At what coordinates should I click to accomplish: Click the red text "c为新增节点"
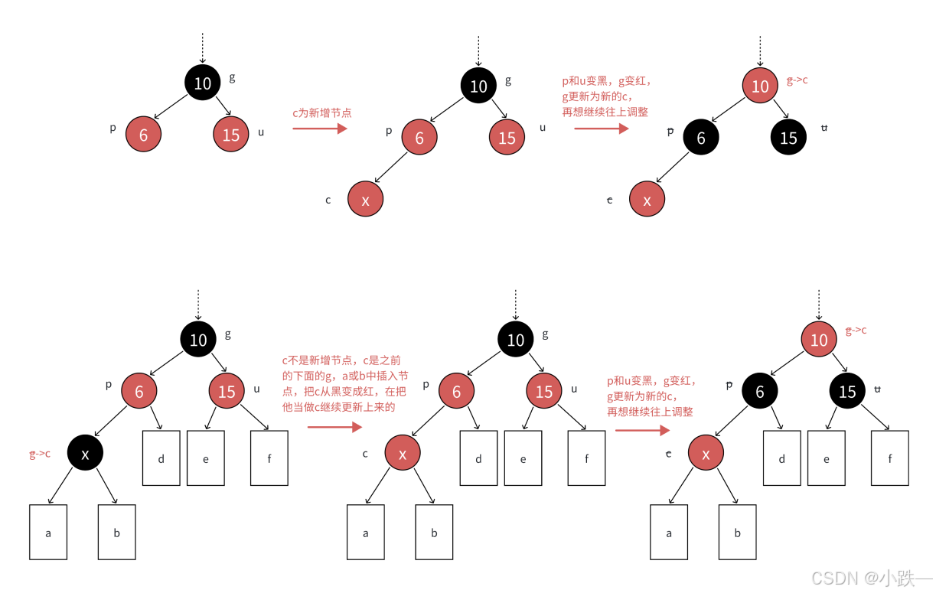[321, 112]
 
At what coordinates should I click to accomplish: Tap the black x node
[85, 454]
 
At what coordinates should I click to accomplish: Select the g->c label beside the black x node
[40, 454]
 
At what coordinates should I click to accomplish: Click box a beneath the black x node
[48, 532]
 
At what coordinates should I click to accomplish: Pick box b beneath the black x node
[116, 532]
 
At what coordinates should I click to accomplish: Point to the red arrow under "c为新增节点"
[320, 129]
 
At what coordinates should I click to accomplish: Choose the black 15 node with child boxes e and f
[847, 392]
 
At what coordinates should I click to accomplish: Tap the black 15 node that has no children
[788, 138]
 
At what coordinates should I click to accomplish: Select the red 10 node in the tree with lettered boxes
[819, 340]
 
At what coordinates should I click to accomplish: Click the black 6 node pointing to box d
[760, 392]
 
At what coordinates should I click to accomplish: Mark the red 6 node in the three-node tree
[143, 135]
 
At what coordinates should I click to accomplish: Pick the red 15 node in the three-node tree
[230, 135]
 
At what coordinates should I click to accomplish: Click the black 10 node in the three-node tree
[202, 83]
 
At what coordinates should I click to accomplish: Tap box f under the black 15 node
[890, 458]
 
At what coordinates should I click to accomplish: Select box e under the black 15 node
[827, 458]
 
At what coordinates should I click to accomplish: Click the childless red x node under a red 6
[365, 200]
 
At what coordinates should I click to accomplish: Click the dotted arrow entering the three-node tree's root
[202, 49]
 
